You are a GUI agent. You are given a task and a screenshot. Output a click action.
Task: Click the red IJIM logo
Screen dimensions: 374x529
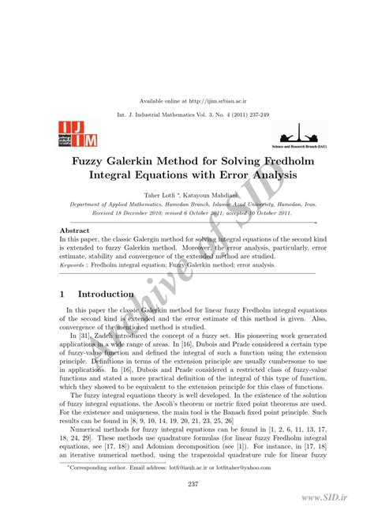coord(72,135)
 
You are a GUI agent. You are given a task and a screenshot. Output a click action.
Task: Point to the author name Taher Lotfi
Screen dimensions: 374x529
coord(160,193)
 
